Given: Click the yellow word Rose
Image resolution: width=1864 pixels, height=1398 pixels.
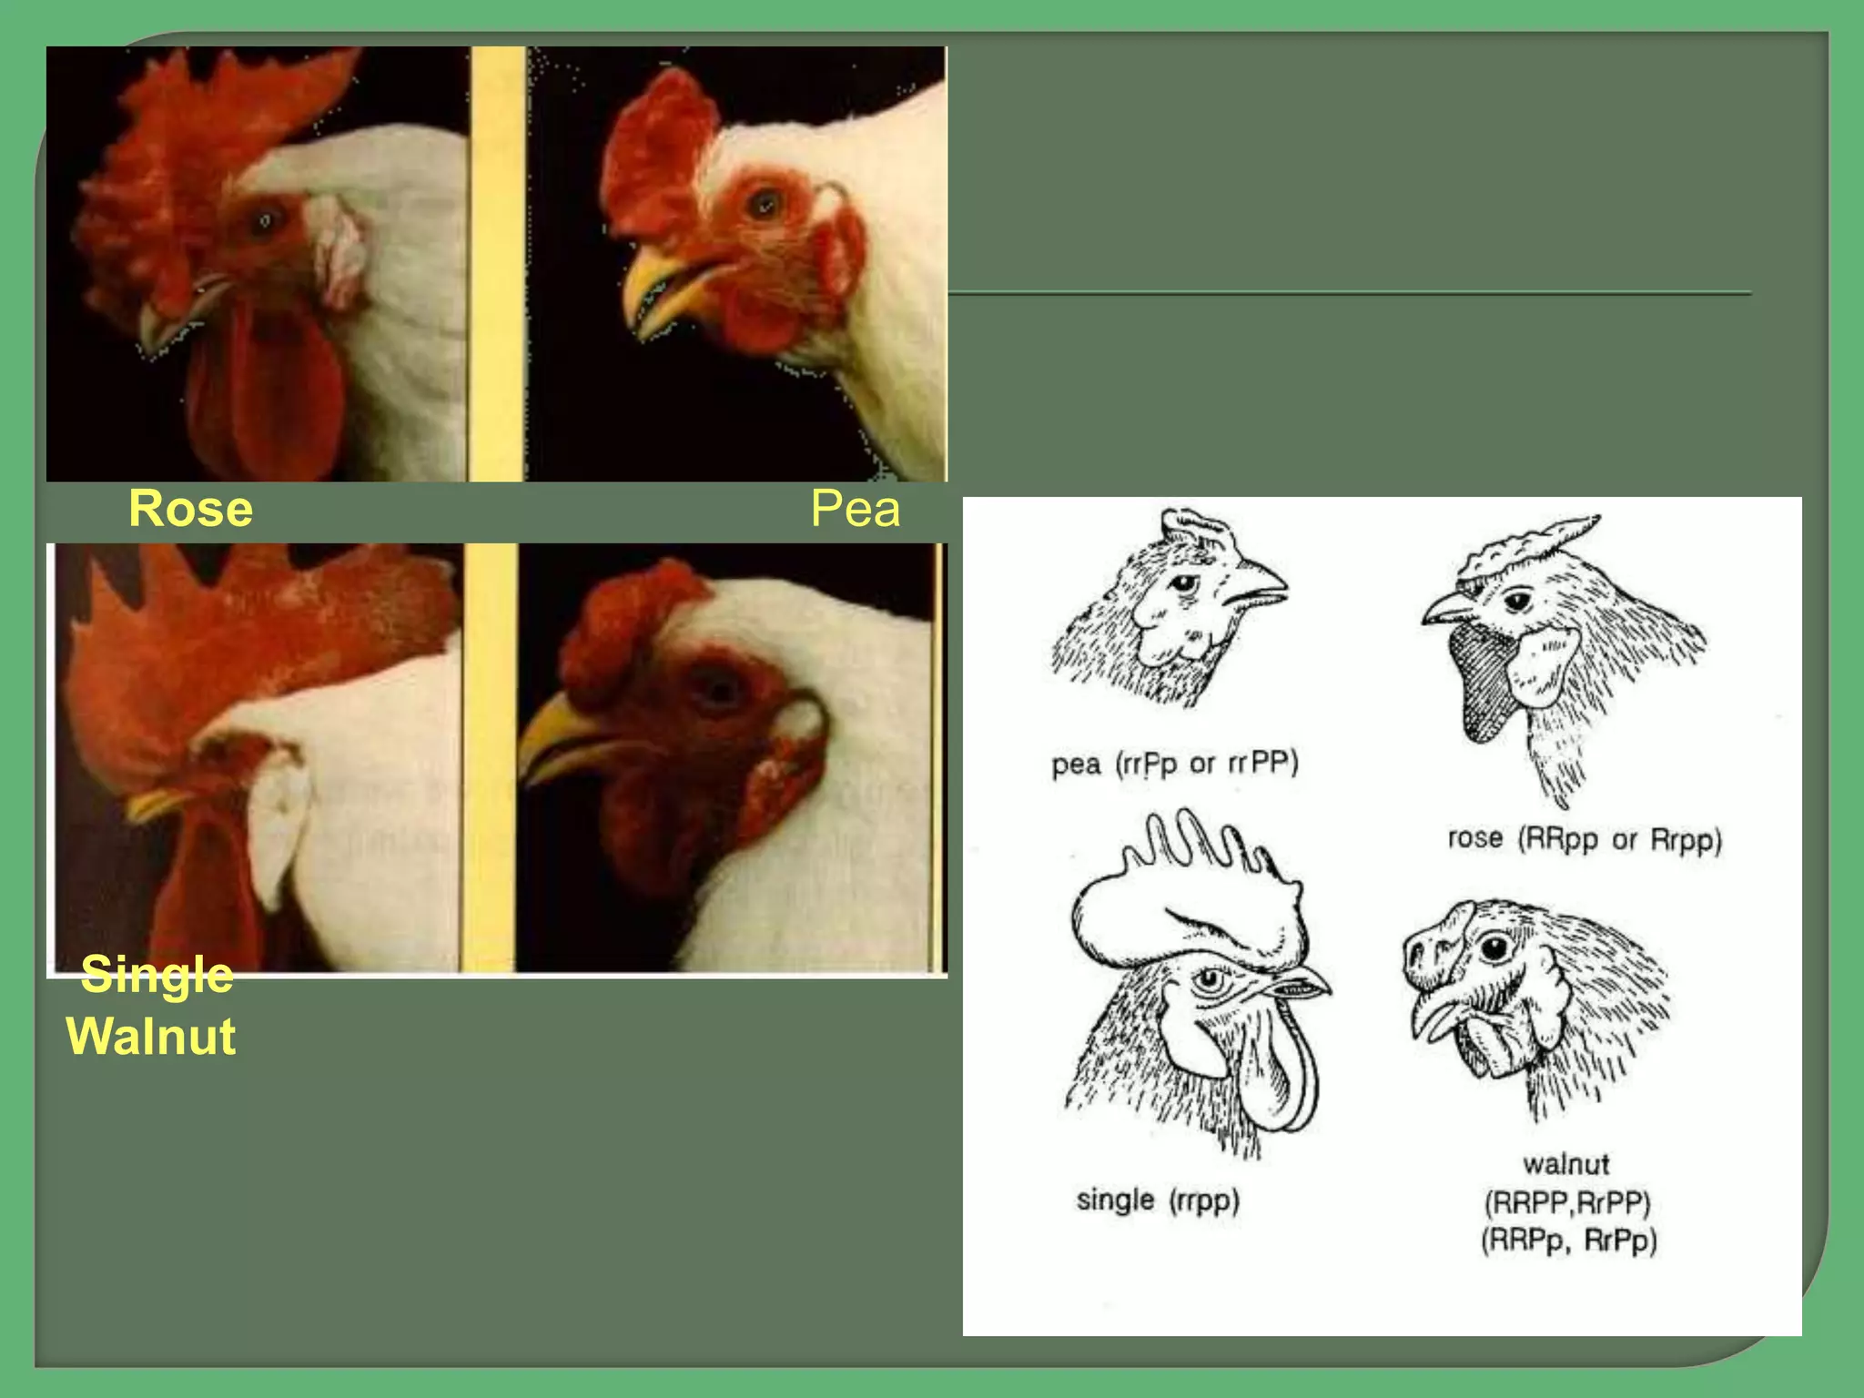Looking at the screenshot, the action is click(190, 509).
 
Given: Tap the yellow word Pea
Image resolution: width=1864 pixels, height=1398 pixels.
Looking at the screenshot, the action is click(856, 509).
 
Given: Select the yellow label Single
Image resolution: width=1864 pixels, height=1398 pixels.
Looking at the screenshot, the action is click(157, 976).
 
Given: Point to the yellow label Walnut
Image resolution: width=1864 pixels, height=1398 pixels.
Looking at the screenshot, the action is click(151, 1036).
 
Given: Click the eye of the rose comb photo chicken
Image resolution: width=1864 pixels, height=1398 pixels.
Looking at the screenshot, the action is click(265, 220).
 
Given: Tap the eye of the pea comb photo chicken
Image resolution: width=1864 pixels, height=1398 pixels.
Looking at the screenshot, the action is click(764, 203).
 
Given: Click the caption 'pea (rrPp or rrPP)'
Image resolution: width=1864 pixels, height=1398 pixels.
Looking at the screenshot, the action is click(1175, 763).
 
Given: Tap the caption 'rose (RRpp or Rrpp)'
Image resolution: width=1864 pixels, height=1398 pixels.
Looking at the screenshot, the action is click(1585, 838).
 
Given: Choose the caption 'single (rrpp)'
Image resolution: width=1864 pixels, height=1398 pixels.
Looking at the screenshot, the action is click(1158, 1200).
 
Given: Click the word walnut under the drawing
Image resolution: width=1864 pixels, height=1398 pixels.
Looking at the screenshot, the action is click(1566, 1163).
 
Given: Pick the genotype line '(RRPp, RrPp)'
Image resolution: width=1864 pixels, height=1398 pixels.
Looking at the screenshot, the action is click(1569, 1241).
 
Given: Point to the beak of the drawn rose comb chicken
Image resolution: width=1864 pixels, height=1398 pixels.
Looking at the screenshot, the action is click(1447, 608).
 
